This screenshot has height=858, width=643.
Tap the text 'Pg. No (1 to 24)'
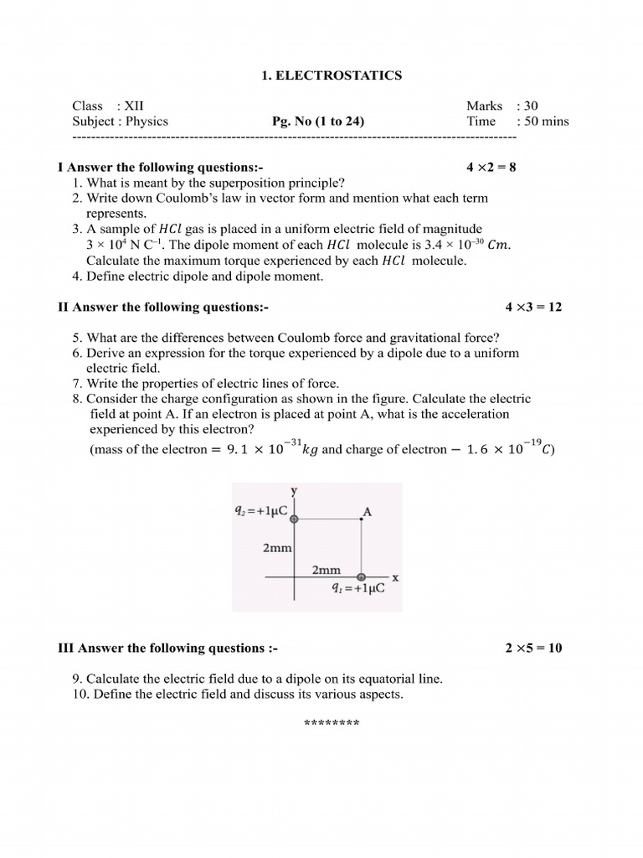(x=318, y=121)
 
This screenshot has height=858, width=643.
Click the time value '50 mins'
(x=547, y=121)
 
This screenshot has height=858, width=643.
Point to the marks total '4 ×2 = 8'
(x=491, y=167)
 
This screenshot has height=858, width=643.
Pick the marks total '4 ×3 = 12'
(x=533, y=307)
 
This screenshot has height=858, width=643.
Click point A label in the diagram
(x=367, y=510)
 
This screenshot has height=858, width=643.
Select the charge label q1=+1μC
(x=358, y=589)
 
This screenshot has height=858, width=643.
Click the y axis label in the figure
(x=294, y=491)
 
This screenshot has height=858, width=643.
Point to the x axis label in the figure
(x=395, y=577)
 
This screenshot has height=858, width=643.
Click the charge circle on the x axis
(x=361, y=577)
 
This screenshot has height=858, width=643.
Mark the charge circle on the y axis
(x=294, y=519)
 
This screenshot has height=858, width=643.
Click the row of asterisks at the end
(x=331, y=724)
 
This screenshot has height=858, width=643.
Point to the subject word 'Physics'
(x=147, y=121)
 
